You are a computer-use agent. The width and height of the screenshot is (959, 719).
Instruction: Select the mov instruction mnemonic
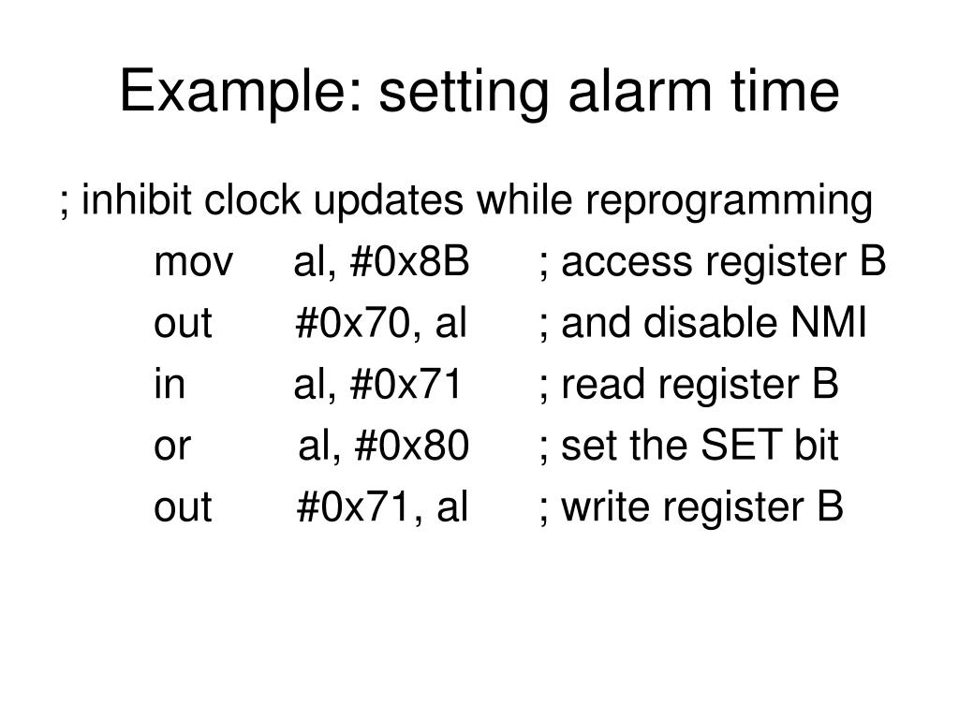pos(194,264)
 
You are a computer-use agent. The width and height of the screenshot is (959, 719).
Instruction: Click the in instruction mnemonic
pos(170,386)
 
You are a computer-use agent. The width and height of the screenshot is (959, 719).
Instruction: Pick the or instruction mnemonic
pos(172,447)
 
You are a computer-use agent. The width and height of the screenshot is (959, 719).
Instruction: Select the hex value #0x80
pos(412,447)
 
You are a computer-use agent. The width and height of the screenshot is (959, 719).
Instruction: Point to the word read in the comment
pos(595,386)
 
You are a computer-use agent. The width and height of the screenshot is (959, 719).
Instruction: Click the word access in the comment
pos(616,264)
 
